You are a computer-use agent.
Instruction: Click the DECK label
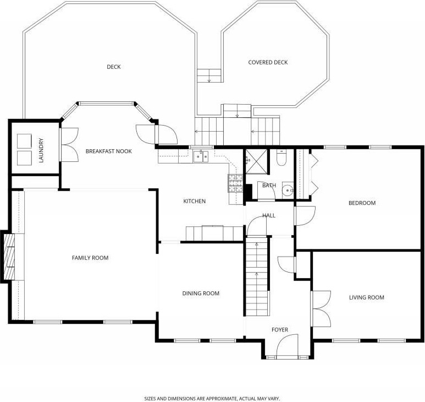pos(114,67)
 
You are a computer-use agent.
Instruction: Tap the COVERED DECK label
pos(268,62)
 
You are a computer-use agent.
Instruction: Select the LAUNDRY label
pos(41,150)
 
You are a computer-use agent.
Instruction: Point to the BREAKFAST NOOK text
pos(109,151)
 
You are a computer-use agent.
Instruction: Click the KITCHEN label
pos(194,201)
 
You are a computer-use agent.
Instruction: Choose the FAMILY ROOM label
pos(90,258)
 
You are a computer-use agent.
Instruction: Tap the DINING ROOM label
pos(201,294)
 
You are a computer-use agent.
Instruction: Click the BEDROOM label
pos(362,203)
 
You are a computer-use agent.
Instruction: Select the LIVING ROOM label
pos(367,297)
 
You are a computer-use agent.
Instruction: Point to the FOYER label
pos(280,330)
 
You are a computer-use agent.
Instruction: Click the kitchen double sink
pos(201,156)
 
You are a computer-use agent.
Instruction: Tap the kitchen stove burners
pos(235,183)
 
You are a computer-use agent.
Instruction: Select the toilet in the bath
pos(282,158)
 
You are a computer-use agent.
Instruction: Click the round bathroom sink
pos(288,191)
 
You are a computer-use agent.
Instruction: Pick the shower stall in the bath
pos(256,161)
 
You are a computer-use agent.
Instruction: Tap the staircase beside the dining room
pos(257,276)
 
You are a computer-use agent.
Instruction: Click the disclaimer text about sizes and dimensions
pos(212,399)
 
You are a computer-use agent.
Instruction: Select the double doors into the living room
pos(321,308)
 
